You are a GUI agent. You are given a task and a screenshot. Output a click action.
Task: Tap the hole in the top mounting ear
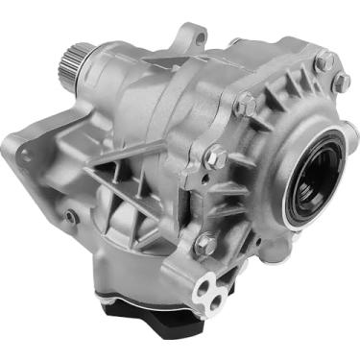click(199, 38)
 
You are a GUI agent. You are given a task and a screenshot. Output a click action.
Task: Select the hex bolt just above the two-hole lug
click(205, 243)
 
